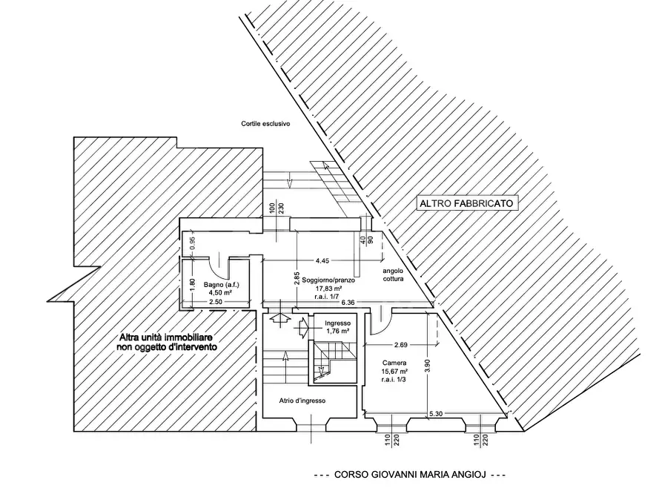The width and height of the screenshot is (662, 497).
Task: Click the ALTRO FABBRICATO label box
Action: click(467, 203)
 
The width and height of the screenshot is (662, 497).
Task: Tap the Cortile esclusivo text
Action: click(265, 124)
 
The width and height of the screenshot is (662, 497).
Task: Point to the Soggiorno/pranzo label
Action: click(328, 280)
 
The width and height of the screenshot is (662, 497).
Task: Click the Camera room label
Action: click(394, 363)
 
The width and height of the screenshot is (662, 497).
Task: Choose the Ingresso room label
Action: click(338, 323)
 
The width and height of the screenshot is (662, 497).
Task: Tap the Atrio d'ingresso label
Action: click(302, 401)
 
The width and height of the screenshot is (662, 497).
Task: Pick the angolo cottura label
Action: click(393, 274)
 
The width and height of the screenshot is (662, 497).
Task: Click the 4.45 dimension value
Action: click(322, 261)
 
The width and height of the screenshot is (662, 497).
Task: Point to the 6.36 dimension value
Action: click(348, 302)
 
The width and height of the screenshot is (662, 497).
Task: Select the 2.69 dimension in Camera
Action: click(400, 345)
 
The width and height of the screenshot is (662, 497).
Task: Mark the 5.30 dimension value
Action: click(436, 414)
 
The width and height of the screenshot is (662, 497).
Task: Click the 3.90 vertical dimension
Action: click(427, 365)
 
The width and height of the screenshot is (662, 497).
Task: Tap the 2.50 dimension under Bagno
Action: click(215, 302)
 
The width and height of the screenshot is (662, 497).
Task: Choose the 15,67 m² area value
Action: click(394, 371)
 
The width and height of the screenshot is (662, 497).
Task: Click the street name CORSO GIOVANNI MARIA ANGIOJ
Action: click(410, 475)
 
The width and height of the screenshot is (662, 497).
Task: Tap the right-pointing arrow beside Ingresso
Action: click(304, 327)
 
